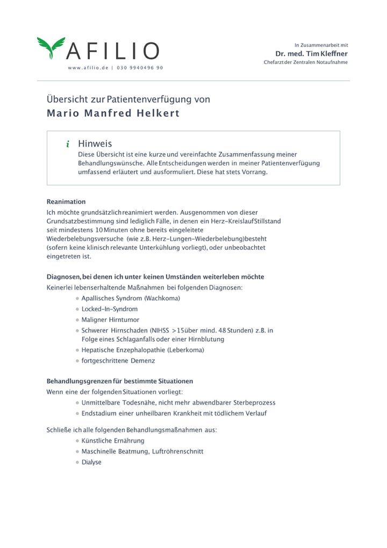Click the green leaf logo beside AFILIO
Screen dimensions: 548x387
tap(51, 48)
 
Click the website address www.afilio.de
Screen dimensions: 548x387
tap(88, 68)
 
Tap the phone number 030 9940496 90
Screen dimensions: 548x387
tap(140, 68)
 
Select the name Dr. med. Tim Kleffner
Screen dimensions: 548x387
tap(311, 54)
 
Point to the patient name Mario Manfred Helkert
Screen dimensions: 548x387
tap(113, 114)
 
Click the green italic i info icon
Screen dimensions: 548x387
tap(68, 144)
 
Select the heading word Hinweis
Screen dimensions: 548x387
tap(95, 143)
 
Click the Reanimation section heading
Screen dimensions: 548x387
tap(66, 201)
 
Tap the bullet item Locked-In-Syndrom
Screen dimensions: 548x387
tap(110, 309)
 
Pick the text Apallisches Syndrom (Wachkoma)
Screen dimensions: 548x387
tap(131, 298)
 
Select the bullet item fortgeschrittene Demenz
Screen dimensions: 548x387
tap(118, 360)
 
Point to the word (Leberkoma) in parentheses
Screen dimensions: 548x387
tap(186, 350)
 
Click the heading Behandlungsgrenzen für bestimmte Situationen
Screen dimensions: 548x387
tap(120, 381)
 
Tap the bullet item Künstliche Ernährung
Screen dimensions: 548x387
tap(113, 441)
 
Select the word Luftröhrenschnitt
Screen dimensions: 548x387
tap(178, 451)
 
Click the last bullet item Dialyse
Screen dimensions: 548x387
tap(91, 462)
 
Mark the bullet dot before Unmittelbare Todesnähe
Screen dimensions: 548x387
tap(77, 403)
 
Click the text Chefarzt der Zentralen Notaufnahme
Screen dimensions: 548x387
tap(305, 62)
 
